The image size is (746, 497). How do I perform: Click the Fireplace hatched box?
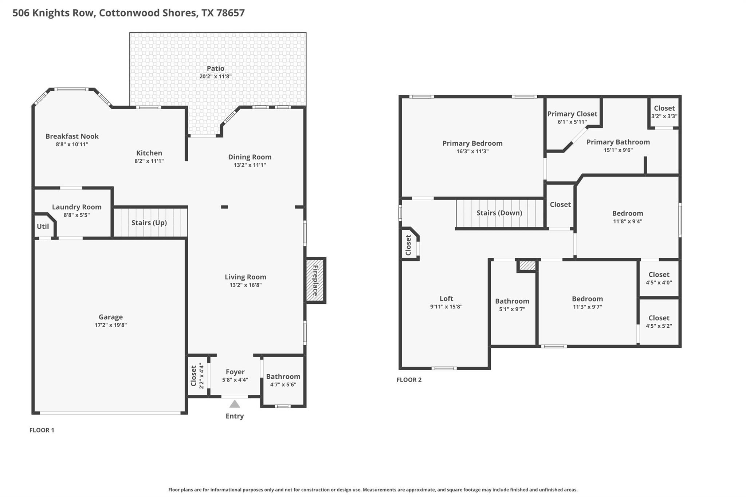315,280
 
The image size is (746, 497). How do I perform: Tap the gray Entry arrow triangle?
235,404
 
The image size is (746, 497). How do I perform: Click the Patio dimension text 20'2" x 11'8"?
215,76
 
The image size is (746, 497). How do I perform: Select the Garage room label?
110,317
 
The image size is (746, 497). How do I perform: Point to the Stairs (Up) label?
149,222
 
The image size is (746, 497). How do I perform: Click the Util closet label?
43,226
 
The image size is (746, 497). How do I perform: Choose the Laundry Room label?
76,207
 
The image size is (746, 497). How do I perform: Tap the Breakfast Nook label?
72,136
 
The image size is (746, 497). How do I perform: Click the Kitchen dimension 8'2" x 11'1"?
149,161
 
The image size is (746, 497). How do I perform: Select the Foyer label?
235,372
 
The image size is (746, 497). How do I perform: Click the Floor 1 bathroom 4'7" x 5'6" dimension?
283,384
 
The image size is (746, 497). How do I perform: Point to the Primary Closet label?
572,114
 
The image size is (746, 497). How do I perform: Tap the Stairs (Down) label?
499,213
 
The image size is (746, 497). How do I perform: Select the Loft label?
446,299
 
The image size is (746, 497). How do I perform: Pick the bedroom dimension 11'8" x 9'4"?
627,221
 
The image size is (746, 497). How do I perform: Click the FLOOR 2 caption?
409,380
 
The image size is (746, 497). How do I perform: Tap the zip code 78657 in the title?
230,13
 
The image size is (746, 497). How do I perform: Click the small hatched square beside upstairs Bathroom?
527,266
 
